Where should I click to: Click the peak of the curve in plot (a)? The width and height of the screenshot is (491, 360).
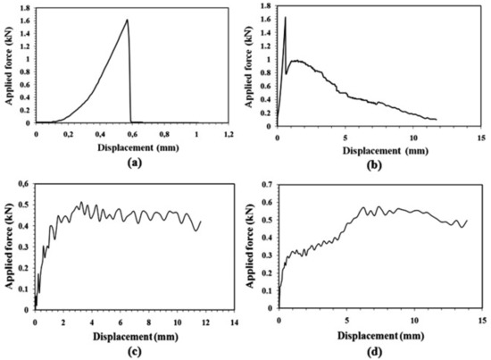pos(127,20)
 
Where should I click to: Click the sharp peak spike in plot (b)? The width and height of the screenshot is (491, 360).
pos(285,17)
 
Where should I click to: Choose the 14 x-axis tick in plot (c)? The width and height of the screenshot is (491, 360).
pos(234,321)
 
